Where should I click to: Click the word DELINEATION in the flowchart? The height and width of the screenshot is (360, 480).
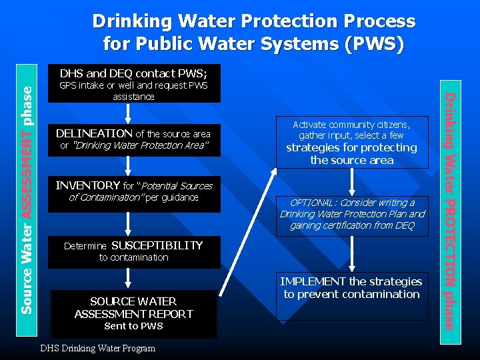tap(94, 133)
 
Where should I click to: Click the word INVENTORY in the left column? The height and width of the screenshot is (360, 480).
tap(87, 185)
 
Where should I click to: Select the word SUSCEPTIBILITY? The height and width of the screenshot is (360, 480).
tap(157, 245)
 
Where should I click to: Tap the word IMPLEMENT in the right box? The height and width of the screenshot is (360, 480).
tap(313, 281)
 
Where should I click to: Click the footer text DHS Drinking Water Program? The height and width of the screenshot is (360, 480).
tap(98, 348)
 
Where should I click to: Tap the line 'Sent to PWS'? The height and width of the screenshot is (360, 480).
tap(133, 326)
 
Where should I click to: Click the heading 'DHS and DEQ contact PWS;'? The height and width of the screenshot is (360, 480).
tap(133, 73)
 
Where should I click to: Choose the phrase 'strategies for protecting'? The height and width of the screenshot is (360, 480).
tap(351, 147)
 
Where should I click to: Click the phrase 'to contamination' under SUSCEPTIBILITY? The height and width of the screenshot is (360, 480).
tap(133, 257)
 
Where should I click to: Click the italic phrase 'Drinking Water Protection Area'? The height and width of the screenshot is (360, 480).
tap(141, 145)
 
